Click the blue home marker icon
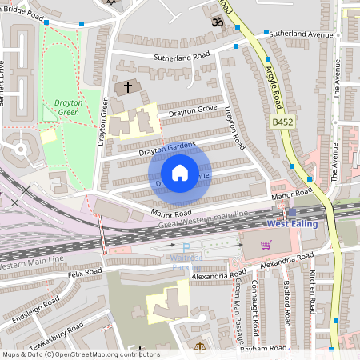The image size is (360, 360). (180, 173)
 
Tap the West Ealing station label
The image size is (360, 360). (292, 223)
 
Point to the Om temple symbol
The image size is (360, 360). (216, 23)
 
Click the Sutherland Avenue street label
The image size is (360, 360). (300, 35)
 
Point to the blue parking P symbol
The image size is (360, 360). (186, 248)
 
